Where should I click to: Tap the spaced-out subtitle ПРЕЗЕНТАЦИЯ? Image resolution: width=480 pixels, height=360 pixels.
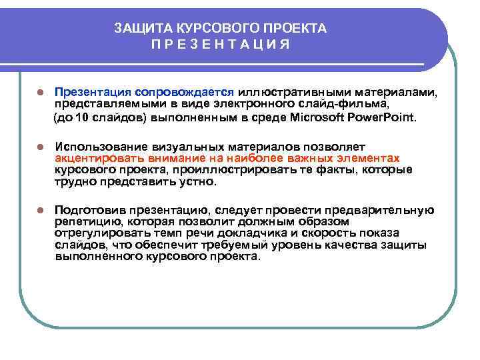[x=221, y=44]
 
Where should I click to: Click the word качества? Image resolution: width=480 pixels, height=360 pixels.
[x=349, y=245]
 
